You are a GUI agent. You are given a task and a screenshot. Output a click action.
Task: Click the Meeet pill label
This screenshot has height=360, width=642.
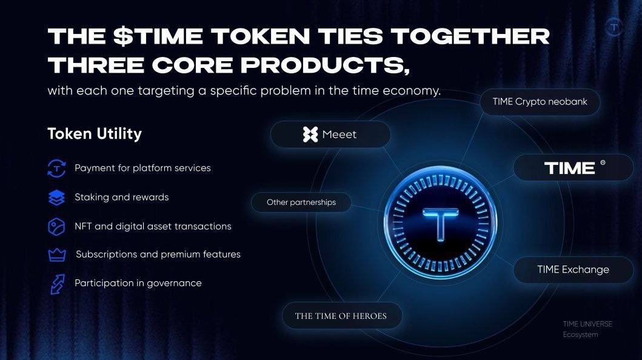coord(330,135)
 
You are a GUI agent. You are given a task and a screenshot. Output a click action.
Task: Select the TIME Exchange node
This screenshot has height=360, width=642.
coord(573,270)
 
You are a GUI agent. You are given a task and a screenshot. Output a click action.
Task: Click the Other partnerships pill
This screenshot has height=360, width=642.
coord(301,202)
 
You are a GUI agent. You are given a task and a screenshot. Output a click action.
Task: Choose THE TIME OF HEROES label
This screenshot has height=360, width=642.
coord(341,316)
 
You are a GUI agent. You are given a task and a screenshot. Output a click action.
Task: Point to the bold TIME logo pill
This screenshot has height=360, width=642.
coord(573,167)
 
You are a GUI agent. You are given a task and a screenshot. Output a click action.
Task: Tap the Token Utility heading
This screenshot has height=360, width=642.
coord(95,133)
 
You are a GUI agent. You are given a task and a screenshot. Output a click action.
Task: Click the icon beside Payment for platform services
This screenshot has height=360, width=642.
coord(56,168)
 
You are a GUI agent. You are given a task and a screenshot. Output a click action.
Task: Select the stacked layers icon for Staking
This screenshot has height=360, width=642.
coord(56,198)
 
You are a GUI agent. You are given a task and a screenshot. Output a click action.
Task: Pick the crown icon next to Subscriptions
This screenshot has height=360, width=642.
coord(56,255)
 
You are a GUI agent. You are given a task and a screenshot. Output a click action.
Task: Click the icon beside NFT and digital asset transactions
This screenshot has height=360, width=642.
coord(56,227)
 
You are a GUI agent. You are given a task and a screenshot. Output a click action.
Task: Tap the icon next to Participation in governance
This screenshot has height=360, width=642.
coord(56,284)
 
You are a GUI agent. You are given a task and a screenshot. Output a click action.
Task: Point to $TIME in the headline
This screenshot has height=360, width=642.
coord(157,36)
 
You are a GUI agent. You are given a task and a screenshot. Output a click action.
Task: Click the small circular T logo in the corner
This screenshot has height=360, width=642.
coord(614,27)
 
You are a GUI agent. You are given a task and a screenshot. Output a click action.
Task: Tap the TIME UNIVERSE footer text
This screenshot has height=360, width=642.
coord(587,324)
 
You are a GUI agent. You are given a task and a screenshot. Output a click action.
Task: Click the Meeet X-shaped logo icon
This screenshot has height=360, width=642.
coord(310,135)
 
